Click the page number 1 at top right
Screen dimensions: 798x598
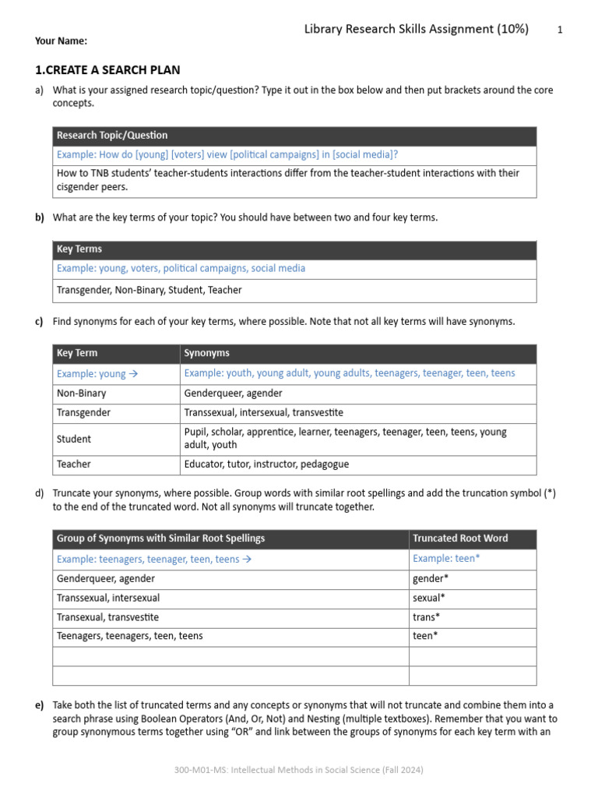coord(560,30)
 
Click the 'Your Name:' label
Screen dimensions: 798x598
coord(61,41)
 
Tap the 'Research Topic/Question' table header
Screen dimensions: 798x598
coord(112,136)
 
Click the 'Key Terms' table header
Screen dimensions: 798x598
coord(79,249)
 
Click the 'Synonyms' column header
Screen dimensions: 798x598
coord(207,353)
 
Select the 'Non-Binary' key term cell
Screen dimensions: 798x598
coord(82,394)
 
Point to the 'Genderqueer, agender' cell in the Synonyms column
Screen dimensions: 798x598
coord(234,394)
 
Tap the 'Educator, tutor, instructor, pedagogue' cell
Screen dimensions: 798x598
coord(266,464)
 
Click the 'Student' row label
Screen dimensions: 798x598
coord(74,439)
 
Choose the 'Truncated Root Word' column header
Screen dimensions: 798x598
coord(460,538)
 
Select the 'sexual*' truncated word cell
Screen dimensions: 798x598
coord(429,598)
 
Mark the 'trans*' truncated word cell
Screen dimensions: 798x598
coord(427,616)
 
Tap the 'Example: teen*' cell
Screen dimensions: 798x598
coord(447,559)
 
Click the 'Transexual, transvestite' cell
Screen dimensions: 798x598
coord(107,616)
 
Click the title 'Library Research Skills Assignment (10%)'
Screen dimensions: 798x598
coord(416,30)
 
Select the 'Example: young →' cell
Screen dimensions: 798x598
coord(97,373)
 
